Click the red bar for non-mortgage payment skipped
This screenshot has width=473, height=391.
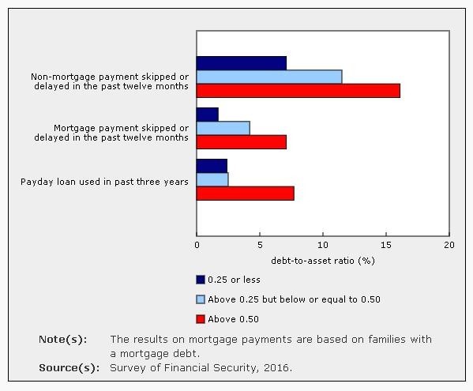pos(298,91)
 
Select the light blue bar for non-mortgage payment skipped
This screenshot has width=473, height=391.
pos(268,77)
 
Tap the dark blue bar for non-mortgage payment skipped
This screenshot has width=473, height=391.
pos(241,63)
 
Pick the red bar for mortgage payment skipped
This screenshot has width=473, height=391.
pos(241,142)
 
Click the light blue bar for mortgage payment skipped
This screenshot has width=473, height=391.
pos(223,128)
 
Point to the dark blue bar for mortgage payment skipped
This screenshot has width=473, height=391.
pos(207,115)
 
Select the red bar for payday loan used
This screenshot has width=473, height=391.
pos(245,194)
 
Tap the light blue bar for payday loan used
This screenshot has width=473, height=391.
pos(212,179)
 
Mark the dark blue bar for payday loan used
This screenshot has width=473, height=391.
pos(212,166)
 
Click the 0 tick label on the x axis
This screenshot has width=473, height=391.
pos(197,246)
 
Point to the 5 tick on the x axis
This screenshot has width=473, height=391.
pos(260,246)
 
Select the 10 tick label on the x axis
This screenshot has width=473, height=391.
pos(323,246)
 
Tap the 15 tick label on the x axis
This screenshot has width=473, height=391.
pos(386,246)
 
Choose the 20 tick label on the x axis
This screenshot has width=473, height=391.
pos(449,246)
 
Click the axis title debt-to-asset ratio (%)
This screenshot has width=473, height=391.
pos(322,260)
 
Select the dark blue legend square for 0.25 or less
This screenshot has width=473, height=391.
pos(201,280)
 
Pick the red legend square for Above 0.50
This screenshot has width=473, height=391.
pos(201,319)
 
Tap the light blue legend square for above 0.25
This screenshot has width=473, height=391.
pos(201,299)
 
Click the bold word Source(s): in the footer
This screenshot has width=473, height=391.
pos(69,367)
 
